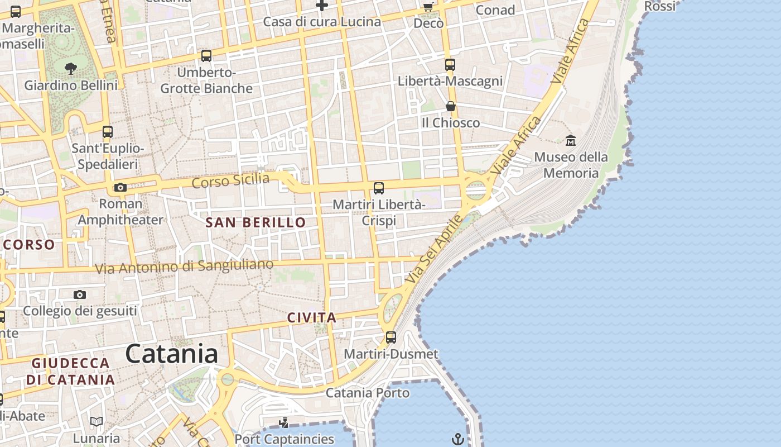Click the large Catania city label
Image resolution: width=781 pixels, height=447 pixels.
tap(171, 354)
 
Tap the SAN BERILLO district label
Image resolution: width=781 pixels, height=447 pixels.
tap(255, 222)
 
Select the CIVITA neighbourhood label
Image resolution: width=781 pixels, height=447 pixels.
tap(312, 318)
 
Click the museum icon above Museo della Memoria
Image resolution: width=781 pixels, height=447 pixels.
tap(570, 140)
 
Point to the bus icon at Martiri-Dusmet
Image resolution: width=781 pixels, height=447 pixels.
tap(391, 337)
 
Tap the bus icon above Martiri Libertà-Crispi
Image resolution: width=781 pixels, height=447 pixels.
tap(379, 188)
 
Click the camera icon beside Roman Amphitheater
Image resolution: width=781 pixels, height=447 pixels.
tap(120, 188)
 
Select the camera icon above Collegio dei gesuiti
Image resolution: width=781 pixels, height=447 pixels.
tap(80, 294)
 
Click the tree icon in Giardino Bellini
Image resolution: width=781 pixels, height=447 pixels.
tap(71, 69)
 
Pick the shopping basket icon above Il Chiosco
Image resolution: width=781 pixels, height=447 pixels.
tap(450, 106)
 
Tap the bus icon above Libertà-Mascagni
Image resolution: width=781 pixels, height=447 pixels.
tap(450, 65)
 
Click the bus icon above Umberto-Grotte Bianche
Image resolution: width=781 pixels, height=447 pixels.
tap(206, 56)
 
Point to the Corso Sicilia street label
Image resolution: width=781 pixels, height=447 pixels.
tap(230, 181)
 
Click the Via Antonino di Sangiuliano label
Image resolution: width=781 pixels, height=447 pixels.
tap(184, 267)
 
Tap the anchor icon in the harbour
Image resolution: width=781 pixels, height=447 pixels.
tap(457, 439)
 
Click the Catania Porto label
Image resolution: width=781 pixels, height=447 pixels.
tap(367, 393)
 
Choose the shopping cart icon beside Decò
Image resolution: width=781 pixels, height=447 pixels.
tap(428, 7)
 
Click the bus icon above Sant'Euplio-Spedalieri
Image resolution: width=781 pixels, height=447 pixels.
tap(108, 132)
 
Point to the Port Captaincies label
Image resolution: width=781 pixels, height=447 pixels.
tap(284, 439)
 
